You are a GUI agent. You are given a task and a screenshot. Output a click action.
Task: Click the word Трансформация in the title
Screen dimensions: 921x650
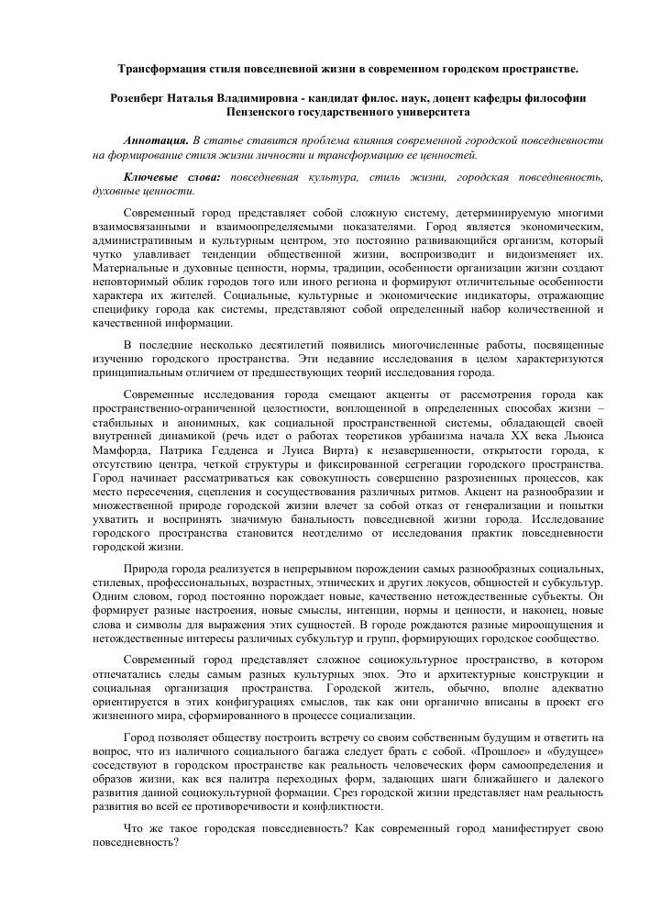pyautogui.click(x=165, y=69)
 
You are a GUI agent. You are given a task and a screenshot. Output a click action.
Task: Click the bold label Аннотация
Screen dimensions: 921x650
pyautogui.click(x=156, y=141)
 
